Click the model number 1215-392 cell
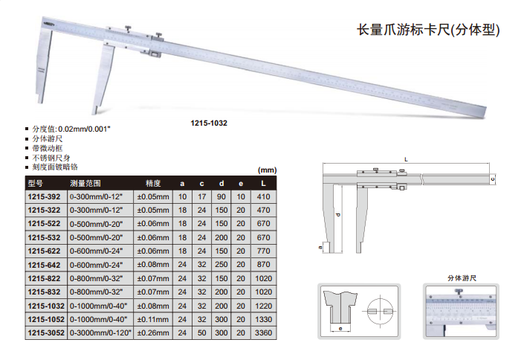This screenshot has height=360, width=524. [x=44, y=196]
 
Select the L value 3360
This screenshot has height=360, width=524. [x=263, y=333]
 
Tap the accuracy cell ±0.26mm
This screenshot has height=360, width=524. [x=153, y=333]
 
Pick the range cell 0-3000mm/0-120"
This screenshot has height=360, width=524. [x=100, y=333]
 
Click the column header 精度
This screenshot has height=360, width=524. [x=153, y=183]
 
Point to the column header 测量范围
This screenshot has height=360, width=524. [x=85, y=183]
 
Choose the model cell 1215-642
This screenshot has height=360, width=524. [x=44, y=265]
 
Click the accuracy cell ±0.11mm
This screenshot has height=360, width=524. [x=153, y=320]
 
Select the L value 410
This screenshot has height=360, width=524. [x=263, y=196]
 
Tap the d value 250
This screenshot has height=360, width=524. [x=221, y=265]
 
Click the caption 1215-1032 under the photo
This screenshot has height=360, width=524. [x=209, y=123]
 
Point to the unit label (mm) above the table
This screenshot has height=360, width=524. [x=268, y=170]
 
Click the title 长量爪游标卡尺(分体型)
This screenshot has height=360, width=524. [x=428, y=30]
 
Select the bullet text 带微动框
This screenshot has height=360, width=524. [x=47, y=148]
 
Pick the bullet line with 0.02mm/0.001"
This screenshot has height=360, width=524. [x=71, y=129]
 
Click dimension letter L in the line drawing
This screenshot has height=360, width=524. [x=406, y=160]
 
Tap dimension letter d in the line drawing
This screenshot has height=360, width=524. [x=338, y=214]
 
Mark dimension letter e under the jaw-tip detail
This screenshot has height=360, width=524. [x=340, y=329]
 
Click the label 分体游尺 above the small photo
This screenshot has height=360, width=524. [x=462, y=278]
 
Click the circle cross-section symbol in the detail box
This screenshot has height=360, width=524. [x=380, y=311]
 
